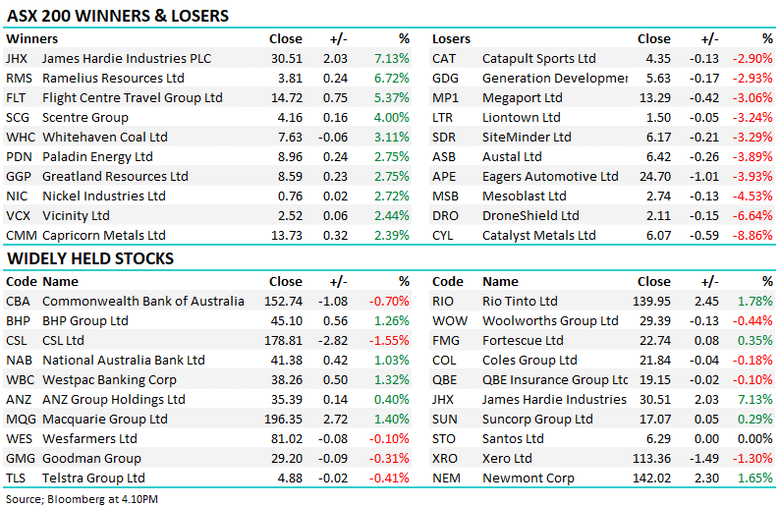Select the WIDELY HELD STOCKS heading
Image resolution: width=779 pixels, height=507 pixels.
coord(90,258)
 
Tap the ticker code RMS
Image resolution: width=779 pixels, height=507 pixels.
coord(18,79)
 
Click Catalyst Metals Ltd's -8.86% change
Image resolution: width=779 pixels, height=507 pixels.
coord(751,236)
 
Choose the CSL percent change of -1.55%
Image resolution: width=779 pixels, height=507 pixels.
coord(390,340)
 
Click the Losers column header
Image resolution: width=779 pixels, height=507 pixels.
coord(451,39)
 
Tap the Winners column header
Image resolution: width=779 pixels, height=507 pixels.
coord(31,39)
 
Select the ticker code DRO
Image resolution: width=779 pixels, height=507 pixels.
coord(445,216)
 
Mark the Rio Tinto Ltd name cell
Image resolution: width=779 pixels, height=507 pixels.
coord(520,301)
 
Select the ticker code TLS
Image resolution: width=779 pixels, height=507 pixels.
coord(17,479)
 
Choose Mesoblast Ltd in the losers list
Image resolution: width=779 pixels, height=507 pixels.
coord(524,197)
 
